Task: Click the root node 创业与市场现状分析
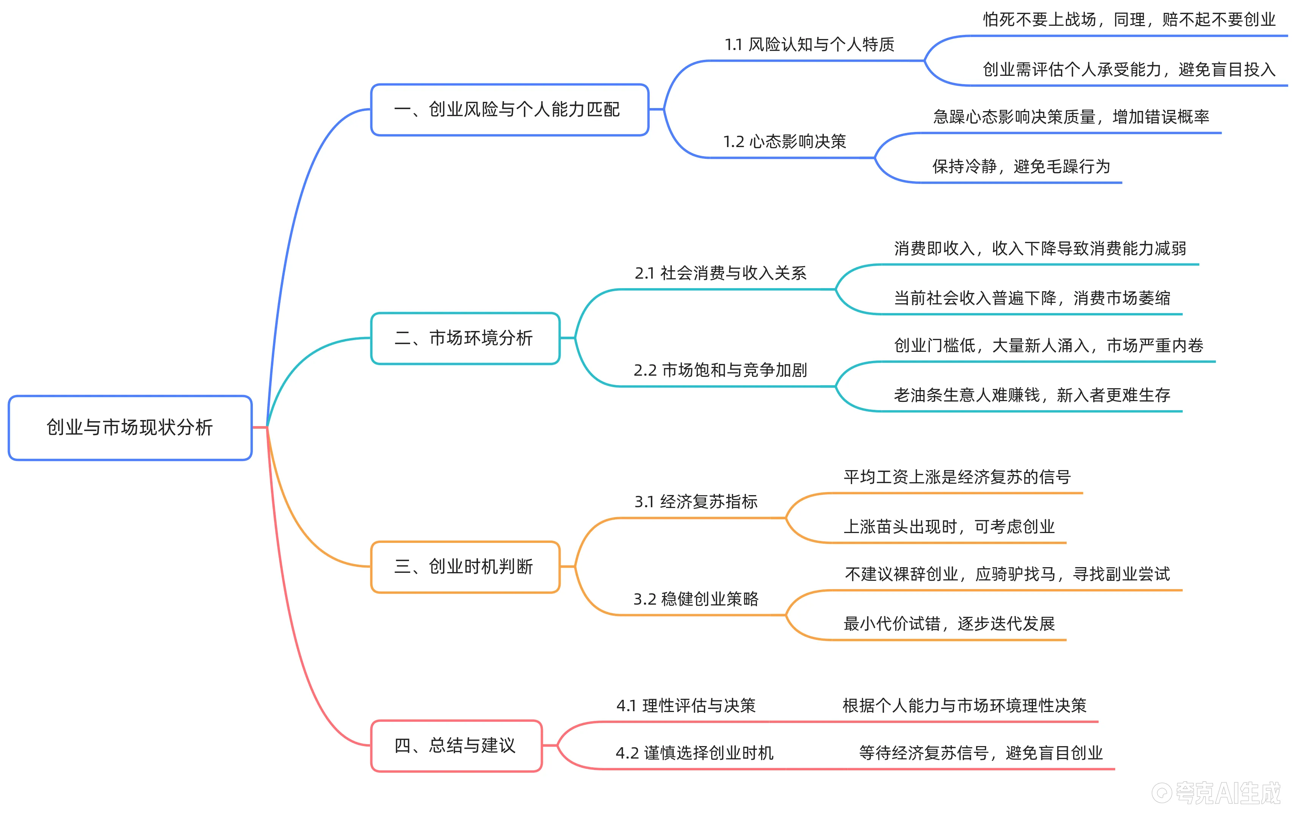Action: (x=130, y=428)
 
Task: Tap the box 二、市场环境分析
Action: (x=465, y=338)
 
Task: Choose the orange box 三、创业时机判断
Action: (x=465, y=566)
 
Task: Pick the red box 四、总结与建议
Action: (x=456, y=745)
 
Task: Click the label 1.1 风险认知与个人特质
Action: (x=809, y=45)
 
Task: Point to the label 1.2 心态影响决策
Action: (x=784, y=142)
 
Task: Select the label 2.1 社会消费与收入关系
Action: (x=720, y=273)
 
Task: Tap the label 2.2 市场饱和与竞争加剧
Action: (x=720, y=370)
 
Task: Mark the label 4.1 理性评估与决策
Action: (x=686, y=705)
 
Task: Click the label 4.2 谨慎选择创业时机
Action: (x=694, y=753)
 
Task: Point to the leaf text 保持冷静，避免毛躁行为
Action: (x=1021, y=167)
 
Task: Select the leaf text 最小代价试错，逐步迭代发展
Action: (x=949, y=624)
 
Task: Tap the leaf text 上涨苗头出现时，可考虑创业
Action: (x=949, y=527)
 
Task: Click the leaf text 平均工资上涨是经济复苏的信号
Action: (x=957, y=477)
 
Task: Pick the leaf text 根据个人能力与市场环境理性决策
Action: (x=964, y=705)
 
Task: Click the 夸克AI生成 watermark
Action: (x=1216, y=793)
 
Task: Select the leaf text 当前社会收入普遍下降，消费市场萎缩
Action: (x=1032, y=298)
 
